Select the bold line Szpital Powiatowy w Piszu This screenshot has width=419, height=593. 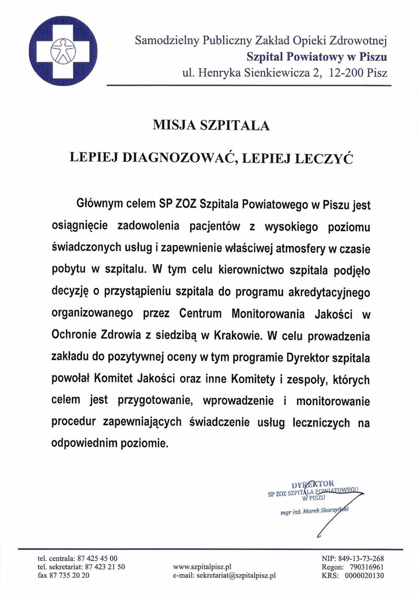click(317, 57)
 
